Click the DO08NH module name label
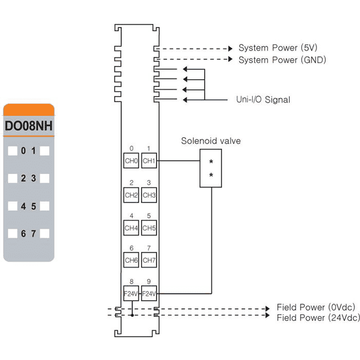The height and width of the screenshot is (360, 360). click(x=29, y=126)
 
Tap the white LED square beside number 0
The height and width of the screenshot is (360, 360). click(x=13, y=151)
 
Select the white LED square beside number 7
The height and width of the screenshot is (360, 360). click(x=44, y=233)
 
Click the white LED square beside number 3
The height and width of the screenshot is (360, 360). click(x=44, y=178)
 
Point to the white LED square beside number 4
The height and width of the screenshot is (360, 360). click(x=13, y=206)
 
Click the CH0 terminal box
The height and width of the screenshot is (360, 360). click(x=131, y=160)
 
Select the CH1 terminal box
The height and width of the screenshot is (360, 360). click(x=149, y=160)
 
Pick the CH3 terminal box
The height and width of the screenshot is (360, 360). click(x=149, y=195)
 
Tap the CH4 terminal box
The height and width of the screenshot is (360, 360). click(x=131, y=228)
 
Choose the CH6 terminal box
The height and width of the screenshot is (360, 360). click(x=131, y=260)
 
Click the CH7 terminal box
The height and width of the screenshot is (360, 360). click(x=149, y=260)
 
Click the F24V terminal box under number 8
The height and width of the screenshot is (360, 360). click(x=131, y=293)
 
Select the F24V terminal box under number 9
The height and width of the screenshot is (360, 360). click(x=149, y=293)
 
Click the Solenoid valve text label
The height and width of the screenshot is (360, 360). click(x=211, y=141)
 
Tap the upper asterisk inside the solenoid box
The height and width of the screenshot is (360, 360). click(x=211, y=162)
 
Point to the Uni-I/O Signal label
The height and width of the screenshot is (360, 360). click(x=263, y=100)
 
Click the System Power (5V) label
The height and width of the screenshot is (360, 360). click(x=278, y=48)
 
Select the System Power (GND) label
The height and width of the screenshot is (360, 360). click(x=282, y=60)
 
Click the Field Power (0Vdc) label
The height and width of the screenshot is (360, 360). click(x=316, y=307)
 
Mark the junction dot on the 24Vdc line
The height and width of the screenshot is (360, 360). click(x=132, y=315)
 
